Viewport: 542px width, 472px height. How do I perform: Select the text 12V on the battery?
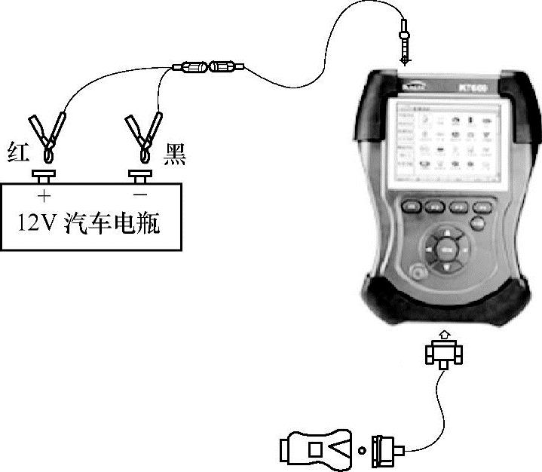point(35,224)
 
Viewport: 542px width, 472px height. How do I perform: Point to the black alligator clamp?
point(143,136)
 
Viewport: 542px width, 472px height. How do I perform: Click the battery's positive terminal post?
point(44,177)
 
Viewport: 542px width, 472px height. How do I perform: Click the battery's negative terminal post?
point(139,177)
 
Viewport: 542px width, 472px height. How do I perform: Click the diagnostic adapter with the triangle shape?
point(317,449)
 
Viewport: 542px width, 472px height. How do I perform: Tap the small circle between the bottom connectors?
point(363,450)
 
